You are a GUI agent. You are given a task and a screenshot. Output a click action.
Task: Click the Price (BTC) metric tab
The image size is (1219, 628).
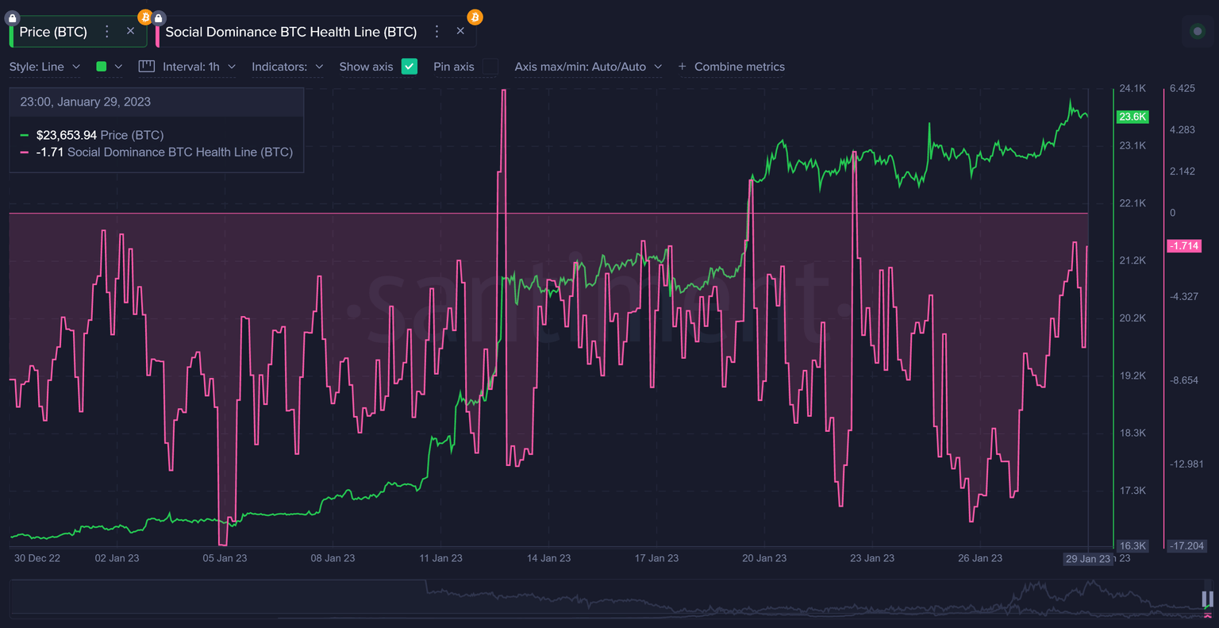click(x=53, y=32)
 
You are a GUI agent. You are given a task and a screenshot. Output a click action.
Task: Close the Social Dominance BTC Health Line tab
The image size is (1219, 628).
click(x=460, y=32)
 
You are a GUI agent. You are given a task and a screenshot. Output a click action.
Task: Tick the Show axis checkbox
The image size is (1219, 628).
click(x=410, y=67)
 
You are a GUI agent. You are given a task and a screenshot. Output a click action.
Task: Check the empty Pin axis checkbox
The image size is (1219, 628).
click(x=490, y=67)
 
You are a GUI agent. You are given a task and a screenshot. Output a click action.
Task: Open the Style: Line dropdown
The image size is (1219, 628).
click(x=44, y=67)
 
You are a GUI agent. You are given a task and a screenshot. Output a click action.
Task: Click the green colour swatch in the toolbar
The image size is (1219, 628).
click(x=102, y=67)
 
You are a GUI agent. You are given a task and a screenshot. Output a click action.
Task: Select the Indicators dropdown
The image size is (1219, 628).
click(x=287, y=67)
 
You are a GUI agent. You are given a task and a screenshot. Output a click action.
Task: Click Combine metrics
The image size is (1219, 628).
click(x=731, y=67)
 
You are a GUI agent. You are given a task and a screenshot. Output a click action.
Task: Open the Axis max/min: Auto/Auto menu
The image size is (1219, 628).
click(x=588, y=67)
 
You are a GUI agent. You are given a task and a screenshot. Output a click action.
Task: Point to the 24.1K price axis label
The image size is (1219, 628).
click(x=1132, y=88)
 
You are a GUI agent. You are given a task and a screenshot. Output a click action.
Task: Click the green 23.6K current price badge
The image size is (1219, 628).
click(x=1132, y=117)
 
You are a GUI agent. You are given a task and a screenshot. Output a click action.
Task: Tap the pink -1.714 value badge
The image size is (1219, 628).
click(x=1184, y=246)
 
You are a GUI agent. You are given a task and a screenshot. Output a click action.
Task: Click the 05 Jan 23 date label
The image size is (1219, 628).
click(x=225, y=558)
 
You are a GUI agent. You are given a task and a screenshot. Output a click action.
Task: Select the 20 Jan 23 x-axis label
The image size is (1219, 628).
click(x=764, y=558)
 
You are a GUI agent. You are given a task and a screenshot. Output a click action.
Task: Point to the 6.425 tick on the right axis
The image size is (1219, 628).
click(x=1182, y=88)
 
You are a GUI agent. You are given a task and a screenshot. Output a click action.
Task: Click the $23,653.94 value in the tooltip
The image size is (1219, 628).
click(x=67, y=135)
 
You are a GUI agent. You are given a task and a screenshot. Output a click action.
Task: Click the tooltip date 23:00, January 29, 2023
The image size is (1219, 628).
click(x=85, y=102)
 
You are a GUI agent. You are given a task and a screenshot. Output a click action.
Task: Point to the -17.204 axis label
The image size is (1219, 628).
click(x=1186, y=546)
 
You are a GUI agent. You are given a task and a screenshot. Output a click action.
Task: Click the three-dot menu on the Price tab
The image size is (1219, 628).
click(x=107, y=32)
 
